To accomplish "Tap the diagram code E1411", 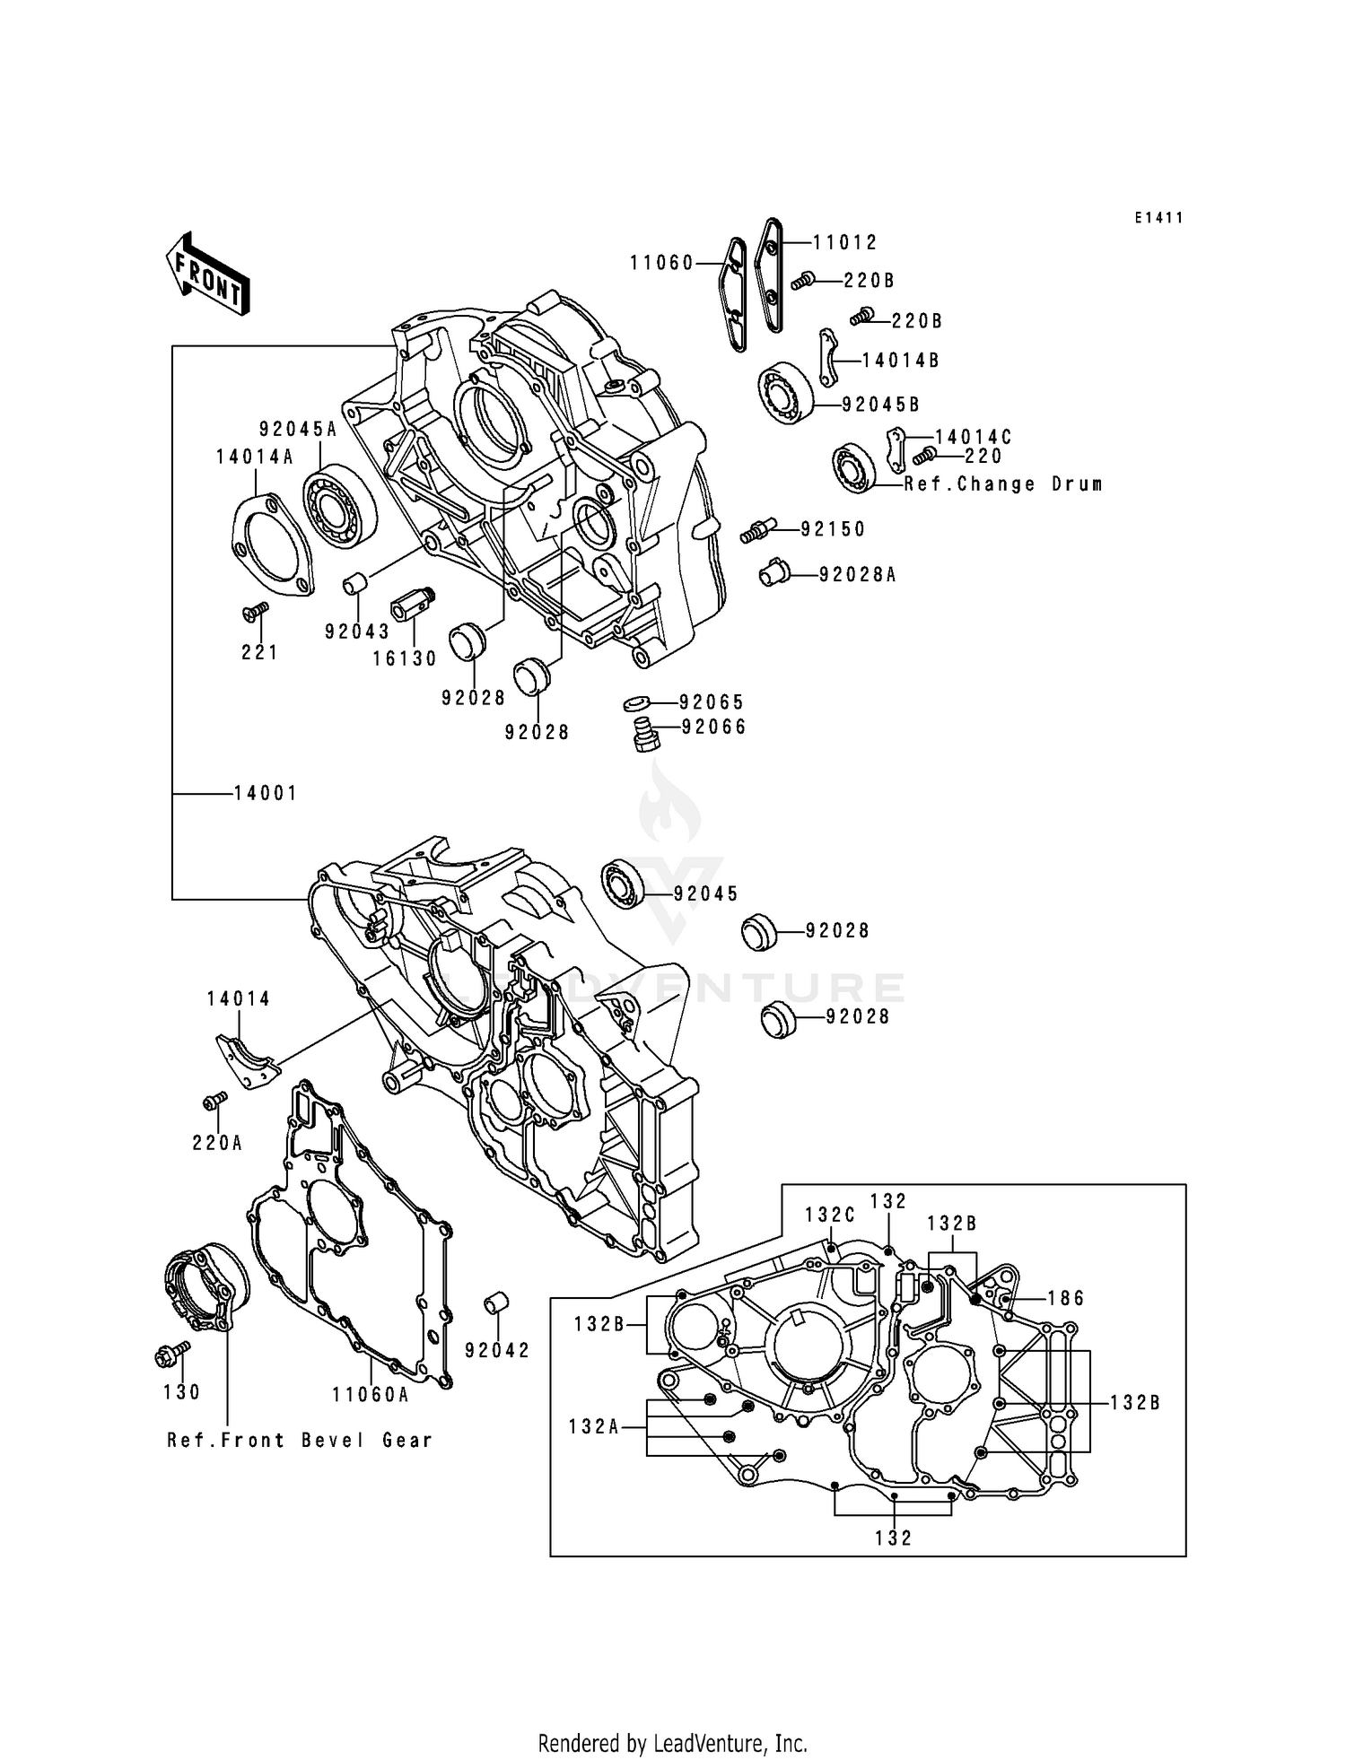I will (x=1158, y=218).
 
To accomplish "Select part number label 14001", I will (x=265, y=793).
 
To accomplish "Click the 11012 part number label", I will (x=845, y=242).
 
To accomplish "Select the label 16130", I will (x=405, y=659).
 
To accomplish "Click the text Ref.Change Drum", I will (x=1002, y=484).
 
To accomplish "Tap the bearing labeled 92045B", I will (x=784, y=394).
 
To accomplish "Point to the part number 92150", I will (x=833, y=529).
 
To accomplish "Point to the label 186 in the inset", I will (x=1065, y=1298).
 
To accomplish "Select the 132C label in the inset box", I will (x=829, y=1215).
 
